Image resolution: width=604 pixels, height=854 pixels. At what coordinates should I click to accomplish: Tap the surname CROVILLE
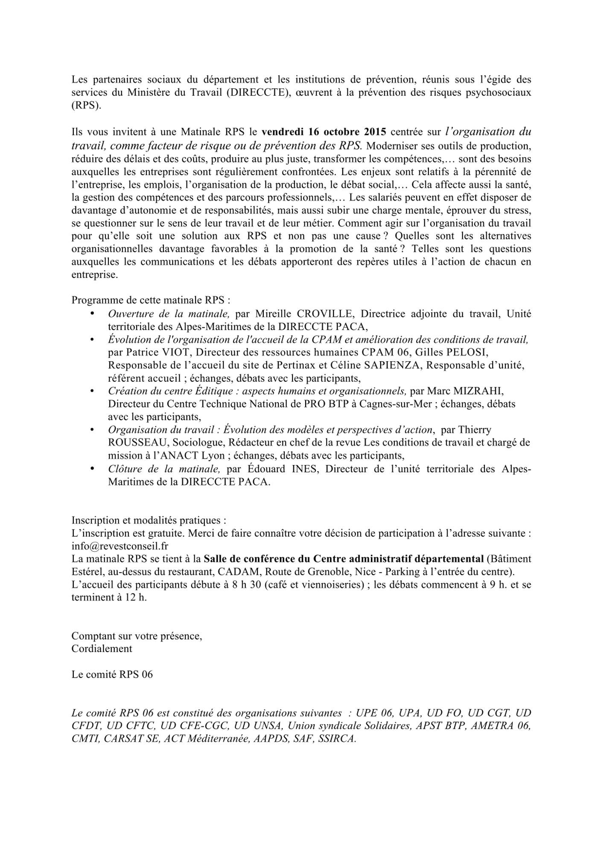pos(304,314)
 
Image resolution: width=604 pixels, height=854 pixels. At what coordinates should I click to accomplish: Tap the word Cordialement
pos(102,649)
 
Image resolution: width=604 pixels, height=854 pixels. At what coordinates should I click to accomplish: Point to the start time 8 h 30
pos(245,585)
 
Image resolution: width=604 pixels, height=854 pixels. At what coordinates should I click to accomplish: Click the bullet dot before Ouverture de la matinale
pos(92,314)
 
